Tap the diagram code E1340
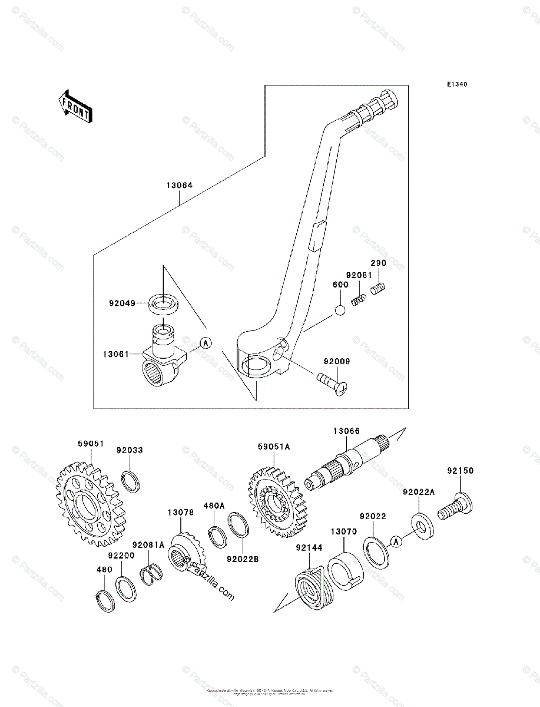pyautogui.click(x=456, y=85)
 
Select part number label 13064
pyautogui.click(x=179, y=185)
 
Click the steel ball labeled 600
pyautogui.click(x=340, y=310)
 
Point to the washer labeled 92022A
pyautogui.click(x=420, y=523)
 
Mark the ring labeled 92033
pyautogui.click(x=131, y=481)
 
